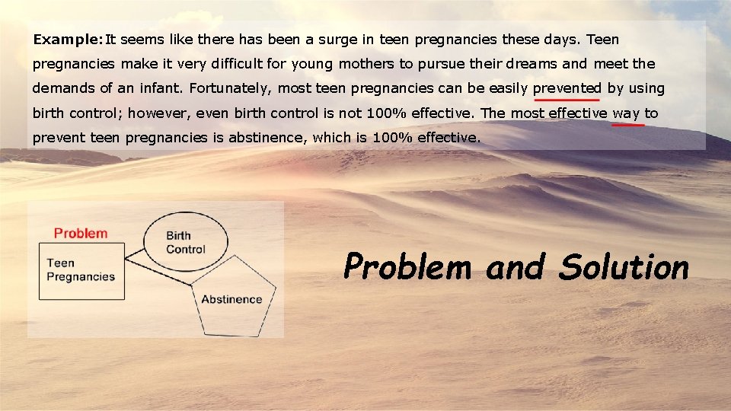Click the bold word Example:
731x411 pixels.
pyautogui.click(x=68, y=39)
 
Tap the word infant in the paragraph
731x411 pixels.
pyautogui.click(x=158, y=88)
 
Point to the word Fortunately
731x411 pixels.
pyautogui.click(x=231, y=88)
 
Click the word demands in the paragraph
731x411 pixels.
pyautogui.click(x=60, y=88)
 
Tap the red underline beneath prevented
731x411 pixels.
pyautogui.click(x=567, y=100)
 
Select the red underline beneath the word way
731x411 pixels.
pyautogui.click(x=628, y=125)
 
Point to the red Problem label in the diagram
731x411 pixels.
pyautogui.click(x=81, y=233)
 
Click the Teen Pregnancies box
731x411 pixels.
pyautogui.click(x=82, y=271)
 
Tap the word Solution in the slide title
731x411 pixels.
pyautogui.click(x=624, y=267)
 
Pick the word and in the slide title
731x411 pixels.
pyautogui.click(x=516, y=267)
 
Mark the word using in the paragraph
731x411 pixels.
pyautogui.click(x=646, y=88)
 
